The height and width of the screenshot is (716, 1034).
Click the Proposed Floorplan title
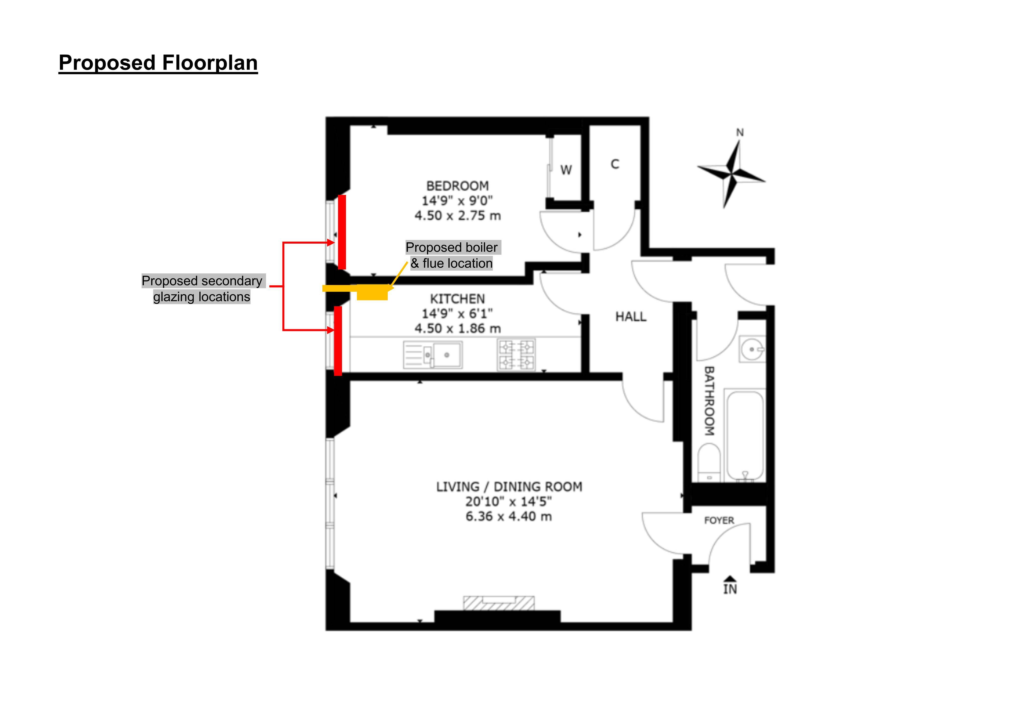click(x=158, y=63)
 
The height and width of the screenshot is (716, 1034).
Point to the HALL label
click(x=631, y=317)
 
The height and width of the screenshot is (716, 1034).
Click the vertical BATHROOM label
click(x=709, y=401)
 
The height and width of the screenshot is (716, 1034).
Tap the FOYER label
click(x=719, y=520)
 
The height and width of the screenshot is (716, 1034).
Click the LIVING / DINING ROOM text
click(x=509, y=487)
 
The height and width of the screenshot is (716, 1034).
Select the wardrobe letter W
click(x=566, y=170)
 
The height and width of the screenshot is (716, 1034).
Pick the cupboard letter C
click(x=615, y=164)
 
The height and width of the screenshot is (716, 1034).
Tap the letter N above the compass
click(x=740, y=132)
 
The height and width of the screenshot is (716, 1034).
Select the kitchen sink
click(x=433, y=355)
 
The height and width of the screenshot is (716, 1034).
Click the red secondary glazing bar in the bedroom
click(x=342, y=232)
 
